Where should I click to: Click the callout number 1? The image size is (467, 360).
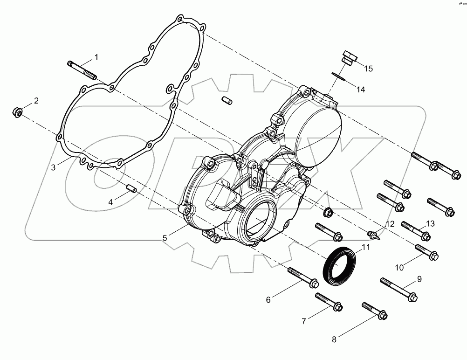(96, 57)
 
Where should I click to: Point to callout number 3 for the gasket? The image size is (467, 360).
(53, 167)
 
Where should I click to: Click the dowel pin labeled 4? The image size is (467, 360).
(131, 188)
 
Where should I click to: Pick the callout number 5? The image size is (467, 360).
(165, 238)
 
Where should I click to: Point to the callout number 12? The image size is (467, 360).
(390, 224)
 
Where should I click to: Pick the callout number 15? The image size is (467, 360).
(368, 69)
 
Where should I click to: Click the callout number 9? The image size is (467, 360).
(419, 279)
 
